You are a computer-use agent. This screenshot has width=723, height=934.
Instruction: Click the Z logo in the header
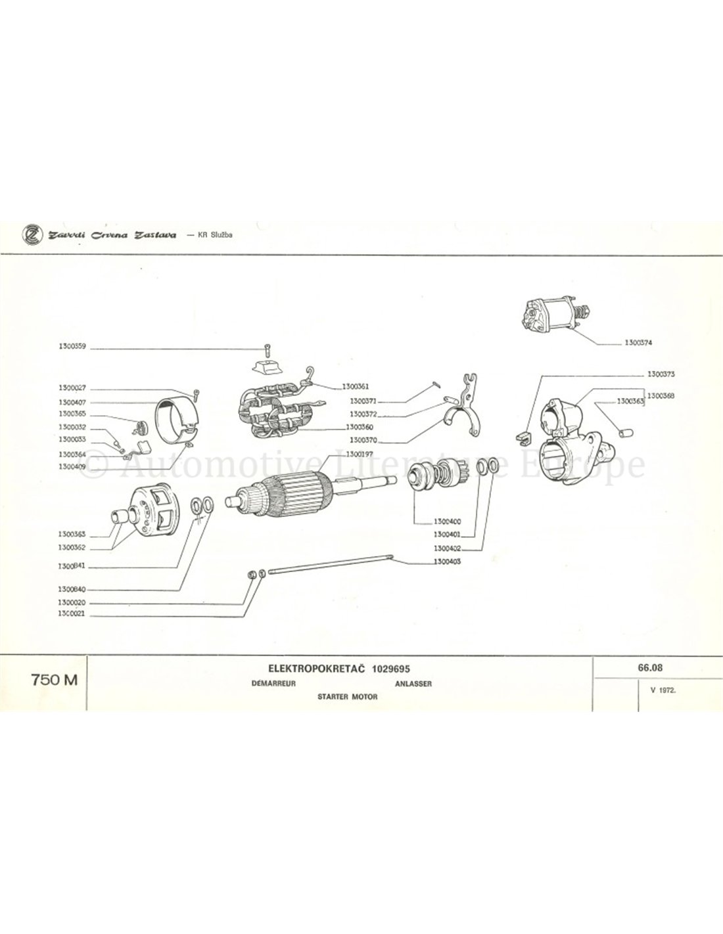coord(30,234)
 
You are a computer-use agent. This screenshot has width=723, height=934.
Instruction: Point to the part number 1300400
coord(446,521)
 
